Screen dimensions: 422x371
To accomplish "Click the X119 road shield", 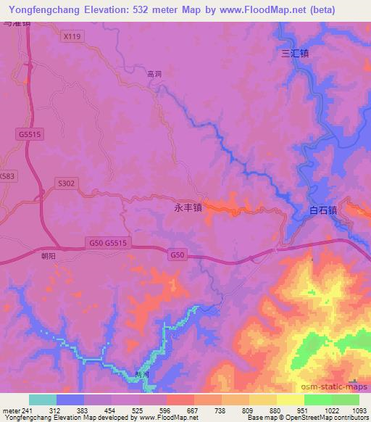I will [71, 35].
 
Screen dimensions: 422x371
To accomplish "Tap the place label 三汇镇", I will [295, 53].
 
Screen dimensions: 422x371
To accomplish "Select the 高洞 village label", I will [154, 73].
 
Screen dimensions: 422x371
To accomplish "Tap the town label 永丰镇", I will [188, 207].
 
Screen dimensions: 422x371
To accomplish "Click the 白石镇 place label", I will [323, 211].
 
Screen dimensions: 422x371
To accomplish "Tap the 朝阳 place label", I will [48, 255].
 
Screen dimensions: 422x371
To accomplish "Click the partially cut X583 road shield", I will [7, 176].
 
